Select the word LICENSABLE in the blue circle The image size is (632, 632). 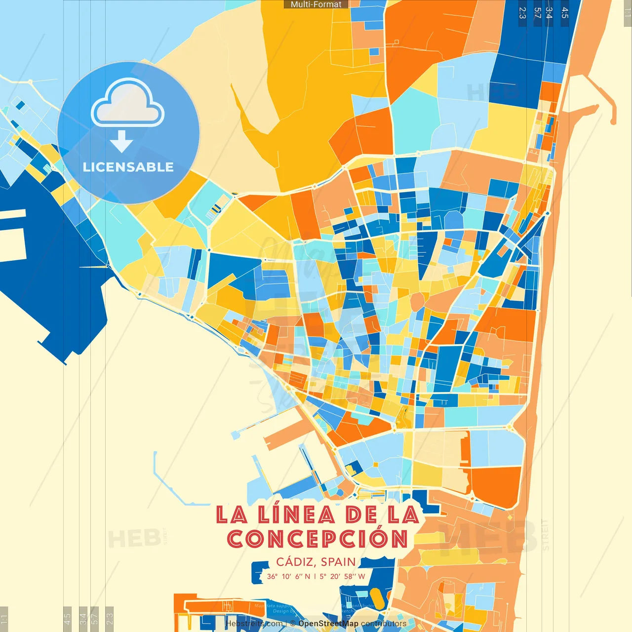(128, 167)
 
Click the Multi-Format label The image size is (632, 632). (316, 4)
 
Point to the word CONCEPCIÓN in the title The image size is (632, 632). (317, 539)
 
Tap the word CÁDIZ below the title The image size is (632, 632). (295, 562)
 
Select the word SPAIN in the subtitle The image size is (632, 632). (338, 562)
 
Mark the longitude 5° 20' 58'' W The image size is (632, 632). (342, 576)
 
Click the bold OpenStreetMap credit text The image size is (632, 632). (328, 624)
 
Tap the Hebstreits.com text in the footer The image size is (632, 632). (254, 624)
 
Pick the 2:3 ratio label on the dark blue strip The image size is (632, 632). (522, 12)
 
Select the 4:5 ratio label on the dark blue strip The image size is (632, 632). (565, 12)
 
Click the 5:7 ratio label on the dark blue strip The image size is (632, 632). (537, 12)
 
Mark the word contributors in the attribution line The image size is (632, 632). (384, 624)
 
